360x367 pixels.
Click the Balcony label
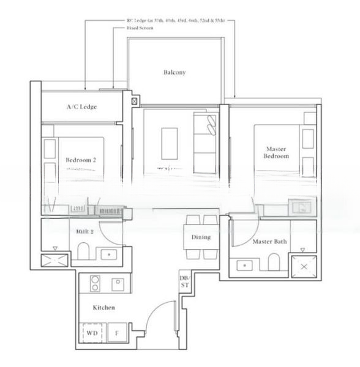click(x=174, y=72)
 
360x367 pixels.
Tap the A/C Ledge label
click(x=81, y=107)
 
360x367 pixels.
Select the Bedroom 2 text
click(x=81, y=160)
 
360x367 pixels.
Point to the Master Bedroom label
click(x=276, y=152)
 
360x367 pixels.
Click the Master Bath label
click(x=270, y=242)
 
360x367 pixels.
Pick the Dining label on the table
click(x=201, y=237)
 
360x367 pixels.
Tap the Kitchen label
click(x=104, y=308)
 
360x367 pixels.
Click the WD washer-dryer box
click(x=92, y=333)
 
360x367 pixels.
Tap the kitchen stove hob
click(x=97, y=283)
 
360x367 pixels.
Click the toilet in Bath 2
click(x=84, y=252)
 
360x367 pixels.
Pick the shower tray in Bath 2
click(x=55, y=260)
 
